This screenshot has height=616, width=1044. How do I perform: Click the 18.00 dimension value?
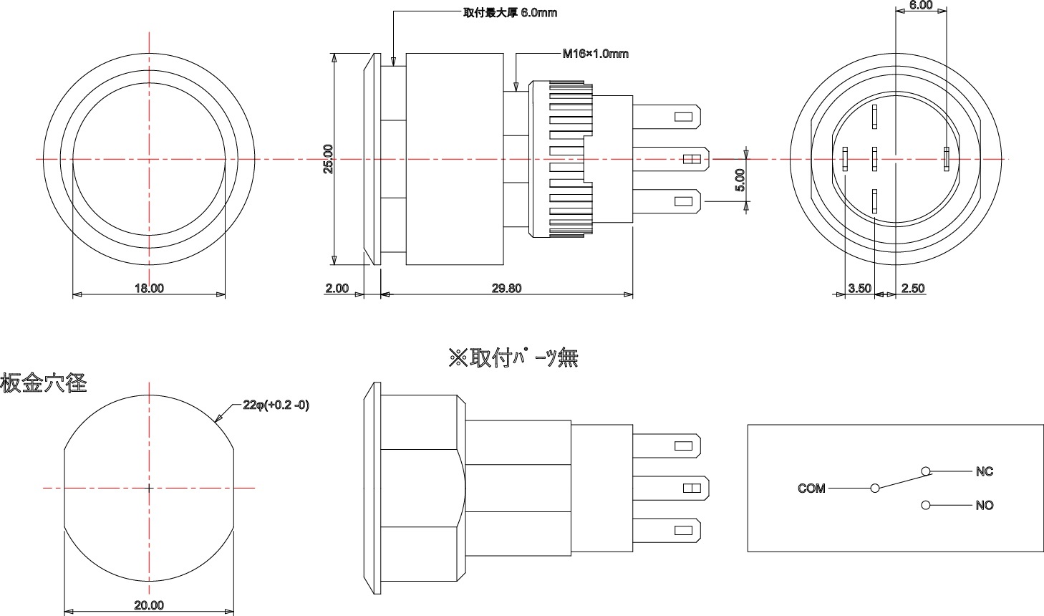click(149, 288)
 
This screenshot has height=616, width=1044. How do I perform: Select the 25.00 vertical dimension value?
click(328, 159)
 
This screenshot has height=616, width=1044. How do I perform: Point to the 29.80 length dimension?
click(506, 288)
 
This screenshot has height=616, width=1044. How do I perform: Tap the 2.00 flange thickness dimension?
click(337, 288)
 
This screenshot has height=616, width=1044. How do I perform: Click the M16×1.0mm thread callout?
click(595, 54)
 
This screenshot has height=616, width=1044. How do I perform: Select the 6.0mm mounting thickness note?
click(510, 13)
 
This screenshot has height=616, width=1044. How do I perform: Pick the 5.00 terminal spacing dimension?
click(740, 181)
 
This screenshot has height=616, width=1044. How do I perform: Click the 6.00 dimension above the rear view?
click(921, 6)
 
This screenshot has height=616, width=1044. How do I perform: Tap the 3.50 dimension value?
click(859, 288)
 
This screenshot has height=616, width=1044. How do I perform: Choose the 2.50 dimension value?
click(913, 288)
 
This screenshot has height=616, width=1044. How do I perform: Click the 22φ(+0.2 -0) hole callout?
click(276, 405)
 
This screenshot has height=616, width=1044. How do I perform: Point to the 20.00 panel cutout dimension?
click(149, 605)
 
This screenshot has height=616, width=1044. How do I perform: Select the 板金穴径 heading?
click(44, 383)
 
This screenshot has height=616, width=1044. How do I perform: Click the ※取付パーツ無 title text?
click(513, 357)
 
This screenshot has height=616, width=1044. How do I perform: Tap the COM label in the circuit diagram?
click(811, 489)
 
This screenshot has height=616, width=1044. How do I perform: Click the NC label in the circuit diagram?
click(985, 471)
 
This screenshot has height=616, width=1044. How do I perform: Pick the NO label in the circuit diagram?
click(985, 505)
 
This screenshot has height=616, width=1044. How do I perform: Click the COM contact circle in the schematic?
click(875, 489)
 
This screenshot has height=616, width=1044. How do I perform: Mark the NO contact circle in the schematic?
click(926, 505)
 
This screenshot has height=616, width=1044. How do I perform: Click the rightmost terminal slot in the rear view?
click(947, 159)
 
